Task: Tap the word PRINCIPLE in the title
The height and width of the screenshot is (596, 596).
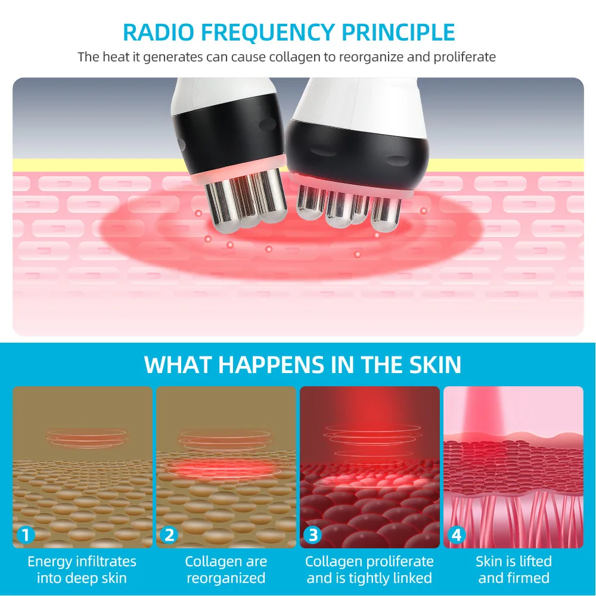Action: tap(398, 32)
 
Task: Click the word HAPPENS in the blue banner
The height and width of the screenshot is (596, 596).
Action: tap(271, 365)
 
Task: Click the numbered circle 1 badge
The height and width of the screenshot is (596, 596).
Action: tap(26, 535)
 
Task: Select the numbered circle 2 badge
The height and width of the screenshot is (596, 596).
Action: tap(169, 535)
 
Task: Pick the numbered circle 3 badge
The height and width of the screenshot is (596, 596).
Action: tap(313, 535)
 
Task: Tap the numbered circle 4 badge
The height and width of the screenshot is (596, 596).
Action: tap(457, 535)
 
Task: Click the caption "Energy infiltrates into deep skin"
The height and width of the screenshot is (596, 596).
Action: tap(82, 569)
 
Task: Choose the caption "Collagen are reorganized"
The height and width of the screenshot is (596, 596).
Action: tap(226, 569)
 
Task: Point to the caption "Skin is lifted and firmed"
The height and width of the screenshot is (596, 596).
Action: tap(514, 569)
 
